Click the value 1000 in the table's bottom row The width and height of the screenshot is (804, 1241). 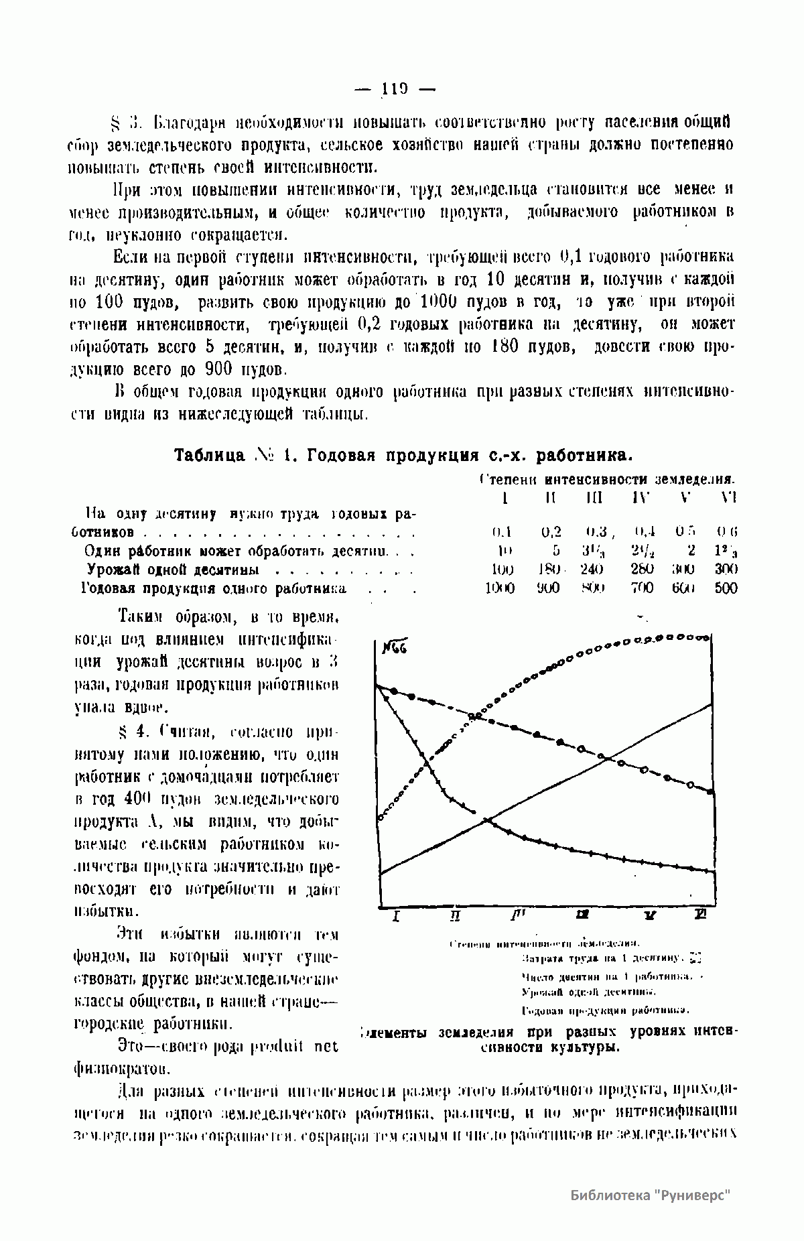[x=499, y=588]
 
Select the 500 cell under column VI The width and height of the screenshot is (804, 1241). [x=726, y=588]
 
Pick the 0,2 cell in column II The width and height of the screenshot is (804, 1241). [x=551, y=532]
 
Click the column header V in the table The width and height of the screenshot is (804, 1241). [x=685, y=498]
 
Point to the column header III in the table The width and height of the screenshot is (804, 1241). [x=593, y=498]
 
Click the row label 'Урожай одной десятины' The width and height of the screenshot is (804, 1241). [x=173, y=570]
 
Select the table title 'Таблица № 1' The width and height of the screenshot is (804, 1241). [x=225, y=456]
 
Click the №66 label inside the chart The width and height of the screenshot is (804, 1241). [x=395, y=648]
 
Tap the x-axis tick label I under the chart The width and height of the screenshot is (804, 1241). [x=396, y=916]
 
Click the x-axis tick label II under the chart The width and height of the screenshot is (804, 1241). [x=455, y=916]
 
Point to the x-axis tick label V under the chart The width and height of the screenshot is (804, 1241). [x=648, y=916]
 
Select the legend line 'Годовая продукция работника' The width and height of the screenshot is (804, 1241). [x=605, y=1010]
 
